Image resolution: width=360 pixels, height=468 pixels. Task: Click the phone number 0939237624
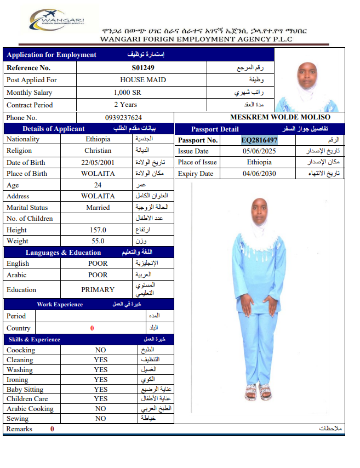[x=123, y=118]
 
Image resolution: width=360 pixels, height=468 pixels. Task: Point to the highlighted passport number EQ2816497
[x=259, y=140]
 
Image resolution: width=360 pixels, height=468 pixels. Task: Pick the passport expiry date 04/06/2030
[x=260, y=174]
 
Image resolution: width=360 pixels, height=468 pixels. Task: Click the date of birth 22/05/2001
[x=98, y=163]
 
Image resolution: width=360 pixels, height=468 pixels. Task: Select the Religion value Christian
[x=98, y=151]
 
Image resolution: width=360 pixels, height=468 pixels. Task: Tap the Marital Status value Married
[x=98, y=208]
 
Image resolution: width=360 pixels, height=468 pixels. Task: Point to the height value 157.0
[x=98, y=230]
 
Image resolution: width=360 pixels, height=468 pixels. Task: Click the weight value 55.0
[x=98, y=241]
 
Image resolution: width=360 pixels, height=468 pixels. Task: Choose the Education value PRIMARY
[x=98, y=290]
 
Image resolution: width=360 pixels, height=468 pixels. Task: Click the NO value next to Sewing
[x=100, y=419]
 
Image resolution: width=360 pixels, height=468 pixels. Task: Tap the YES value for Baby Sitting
[x=100, y=390]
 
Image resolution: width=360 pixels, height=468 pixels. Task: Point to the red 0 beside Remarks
[x=52, y=429]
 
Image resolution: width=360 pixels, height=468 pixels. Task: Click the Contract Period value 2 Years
[x=125, y=105]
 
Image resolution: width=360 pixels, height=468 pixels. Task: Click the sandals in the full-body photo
[x=258, y=391]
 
